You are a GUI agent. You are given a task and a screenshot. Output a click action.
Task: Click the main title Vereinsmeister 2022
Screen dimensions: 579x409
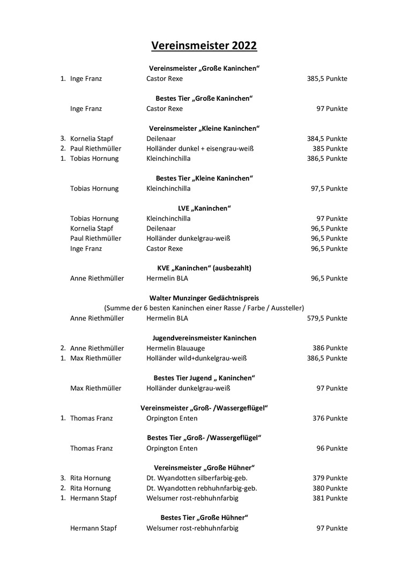tap(204, 46)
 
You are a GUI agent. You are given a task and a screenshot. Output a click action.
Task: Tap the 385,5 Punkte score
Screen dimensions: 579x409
tap(327, 79)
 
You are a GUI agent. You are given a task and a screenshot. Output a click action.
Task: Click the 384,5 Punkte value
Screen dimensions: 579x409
tap(327, 139)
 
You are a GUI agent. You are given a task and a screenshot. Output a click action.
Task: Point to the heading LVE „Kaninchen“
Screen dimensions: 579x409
tap(204, 208)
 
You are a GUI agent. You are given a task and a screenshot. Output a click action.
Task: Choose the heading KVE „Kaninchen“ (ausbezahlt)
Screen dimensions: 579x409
tap(204, 268)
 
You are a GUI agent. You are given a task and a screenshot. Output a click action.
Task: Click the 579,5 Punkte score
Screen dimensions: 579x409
tap(327, 318)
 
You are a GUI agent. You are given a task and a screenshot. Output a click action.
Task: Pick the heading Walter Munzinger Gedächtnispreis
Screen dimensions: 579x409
tap(204, 298)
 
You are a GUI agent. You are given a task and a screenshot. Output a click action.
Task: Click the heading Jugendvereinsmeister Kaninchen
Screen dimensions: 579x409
tap(204, 338)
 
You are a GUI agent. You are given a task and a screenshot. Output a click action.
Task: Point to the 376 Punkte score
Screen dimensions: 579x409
tap(330, 418)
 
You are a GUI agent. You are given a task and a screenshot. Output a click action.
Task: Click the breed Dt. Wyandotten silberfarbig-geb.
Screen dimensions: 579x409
tap(197, 478)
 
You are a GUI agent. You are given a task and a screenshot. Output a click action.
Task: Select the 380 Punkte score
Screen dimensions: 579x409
tap(330, 488)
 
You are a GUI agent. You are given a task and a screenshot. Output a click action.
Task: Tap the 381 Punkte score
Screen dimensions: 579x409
tap(330, 498)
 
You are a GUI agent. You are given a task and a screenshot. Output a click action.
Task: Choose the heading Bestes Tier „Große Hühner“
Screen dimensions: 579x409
tap(204, 518)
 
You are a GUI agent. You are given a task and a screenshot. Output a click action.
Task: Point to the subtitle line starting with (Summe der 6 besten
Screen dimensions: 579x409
tap(204, 308)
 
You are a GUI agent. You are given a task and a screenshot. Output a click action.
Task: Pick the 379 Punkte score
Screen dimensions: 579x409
tap(330, 478)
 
